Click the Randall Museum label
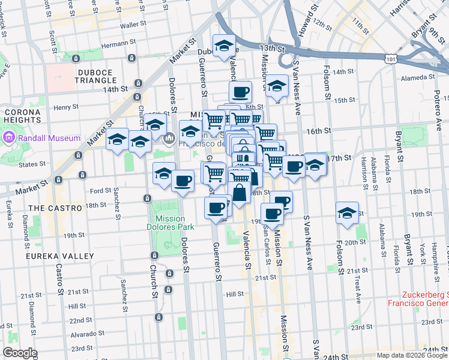tap(49, 138)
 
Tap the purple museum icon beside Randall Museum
tap(9, 138)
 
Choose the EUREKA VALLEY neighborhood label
tap(59, 256)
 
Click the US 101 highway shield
tap(391, 59)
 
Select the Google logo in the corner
tap(20, 353)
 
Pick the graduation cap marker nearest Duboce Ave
tap(224, 46)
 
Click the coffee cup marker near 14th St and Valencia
tap(240, 92)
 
